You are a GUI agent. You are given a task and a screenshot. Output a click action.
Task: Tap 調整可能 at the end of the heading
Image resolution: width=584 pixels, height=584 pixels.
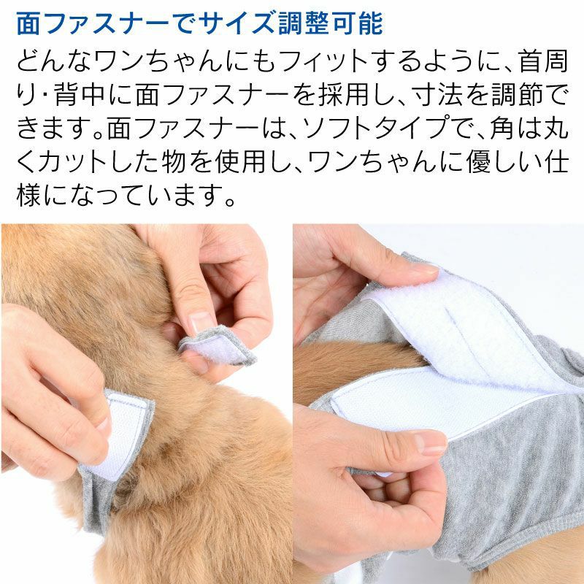331,24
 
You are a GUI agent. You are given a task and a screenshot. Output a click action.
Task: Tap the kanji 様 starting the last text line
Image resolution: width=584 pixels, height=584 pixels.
28,196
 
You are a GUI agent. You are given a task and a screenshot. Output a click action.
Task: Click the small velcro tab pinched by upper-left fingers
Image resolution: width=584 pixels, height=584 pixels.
218,345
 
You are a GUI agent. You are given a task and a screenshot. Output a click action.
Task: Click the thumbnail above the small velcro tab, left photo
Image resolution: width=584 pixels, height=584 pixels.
201,321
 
